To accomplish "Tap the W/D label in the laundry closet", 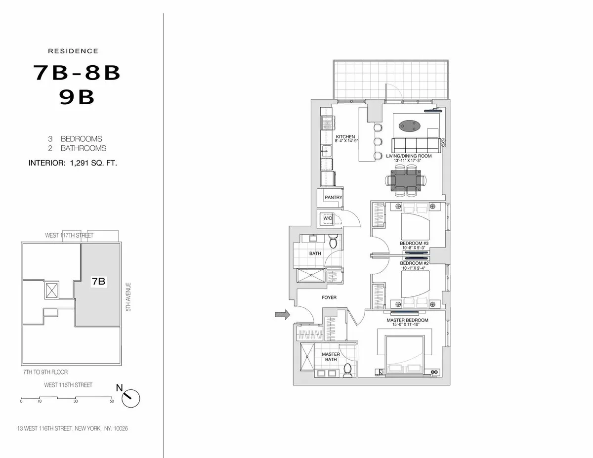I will click(328, 218).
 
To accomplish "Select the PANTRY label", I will click(333, 198).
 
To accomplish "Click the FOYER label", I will click(329, 297).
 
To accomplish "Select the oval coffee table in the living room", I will click(410, 126).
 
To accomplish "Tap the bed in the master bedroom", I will click(401, 354).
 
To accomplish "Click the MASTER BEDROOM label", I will click(408, 320).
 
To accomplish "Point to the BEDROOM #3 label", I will click(411, 244).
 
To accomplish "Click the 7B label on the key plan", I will click(98, 282).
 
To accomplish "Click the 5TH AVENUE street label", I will click(127, 296).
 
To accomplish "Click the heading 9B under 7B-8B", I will click(77, 97).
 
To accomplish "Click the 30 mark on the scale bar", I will click(76, 401).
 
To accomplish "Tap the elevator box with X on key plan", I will click(51, 290).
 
